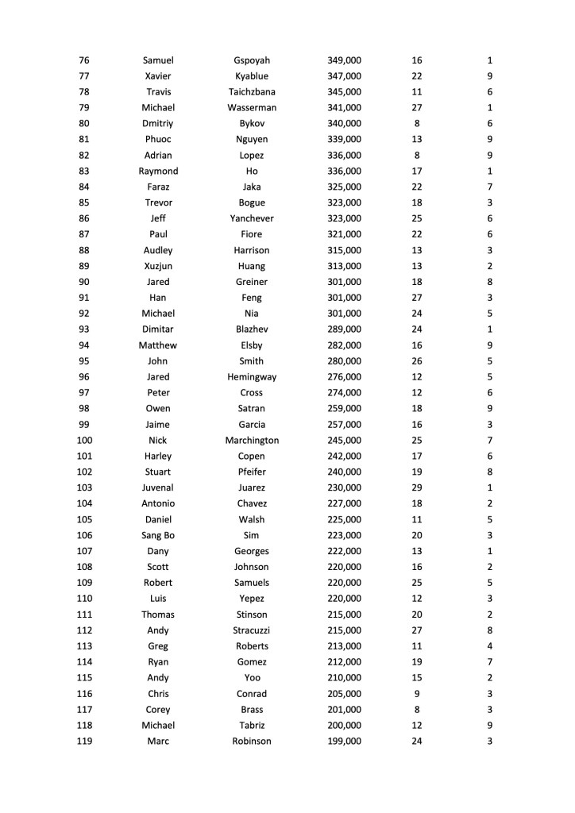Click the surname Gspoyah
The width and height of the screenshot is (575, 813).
pyautogui.click(x=252, y=60)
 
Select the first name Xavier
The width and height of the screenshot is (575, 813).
pyautogui.click(x=158, y=76)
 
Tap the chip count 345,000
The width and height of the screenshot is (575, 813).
pyautogui.click(x=344, y=92)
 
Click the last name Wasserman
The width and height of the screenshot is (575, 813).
pyautogui.click(x=252, y=108)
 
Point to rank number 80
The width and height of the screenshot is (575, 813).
pyautogui.click(x=84, y=124)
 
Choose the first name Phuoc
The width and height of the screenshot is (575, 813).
pyautogui.click(x=158, y=140)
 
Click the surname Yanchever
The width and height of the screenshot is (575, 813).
pyautogui.click(x=252, y=218)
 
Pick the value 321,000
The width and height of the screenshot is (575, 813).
pyautogui.click(x=344, y=234)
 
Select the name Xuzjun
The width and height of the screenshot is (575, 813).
pyautogui.click(x=158, y=266)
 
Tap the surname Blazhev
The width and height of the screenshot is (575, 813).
pyautogui.click(x=252, y=329)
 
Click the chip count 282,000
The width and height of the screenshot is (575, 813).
pyautogui.click(x=344, y=345)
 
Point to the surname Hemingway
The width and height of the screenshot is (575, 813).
pyautogui.click(x=252, y=377)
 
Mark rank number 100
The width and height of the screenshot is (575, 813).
pyautogui.click(x=84, y=440)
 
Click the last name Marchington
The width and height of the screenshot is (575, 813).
pyautogui.click(x=252, y=440)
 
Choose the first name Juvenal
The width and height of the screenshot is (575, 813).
pyautogui.click(x=158, y=487)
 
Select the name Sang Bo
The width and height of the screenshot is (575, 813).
pyautogui.click(x=158, y=535)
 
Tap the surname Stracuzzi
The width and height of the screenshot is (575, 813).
pyautogui.click(x=252, y=630)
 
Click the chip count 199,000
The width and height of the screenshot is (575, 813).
pyautogui.click(x=344, y=741)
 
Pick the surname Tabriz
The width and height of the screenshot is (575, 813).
pyautogui.click(x=252, y=725)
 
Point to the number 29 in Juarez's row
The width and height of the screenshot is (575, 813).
pyautogui.click(x=417, y=487)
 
